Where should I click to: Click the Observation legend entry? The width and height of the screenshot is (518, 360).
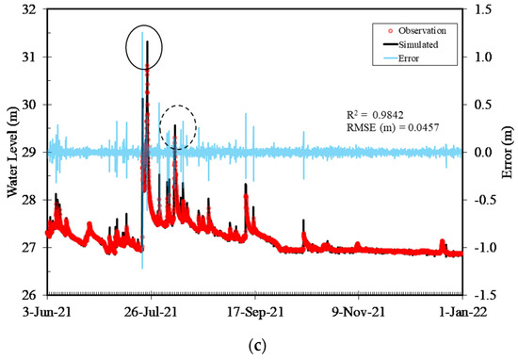click(x=413, y=29)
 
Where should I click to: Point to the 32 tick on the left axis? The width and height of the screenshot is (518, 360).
click(x=29, y=9)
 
